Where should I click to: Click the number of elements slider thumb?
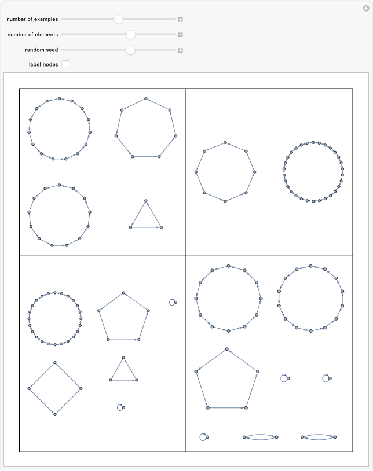pyautogui.click(x=131, y=35)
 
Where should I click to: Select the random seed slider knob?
pyautogui.click(x=131, y=50)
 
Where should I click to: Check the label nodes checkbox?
pyautogui.click(x=66, y=64)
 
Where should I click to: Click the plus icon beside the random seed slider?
pyautogui.click(x=181, y=50)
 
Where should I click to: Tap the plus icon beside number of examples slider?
pyautogui.click(x=181, y=20)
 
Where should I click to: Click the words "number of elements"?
pyautogui.click(x=32, y=35)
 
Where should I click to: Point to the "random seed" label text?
pyautogui.click(x=41, y=50)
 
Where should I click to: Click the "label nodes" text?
pyautogui.click(x=43, y=64)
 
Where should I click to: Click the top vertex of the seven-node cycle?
pyautogui.click(x=146, y=98)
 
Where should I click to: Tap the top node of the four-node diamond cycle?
pyautogui.click(x=55, y=363)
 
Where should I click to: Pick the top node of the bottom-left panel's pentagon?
pyautogui.click(x=124, y=293)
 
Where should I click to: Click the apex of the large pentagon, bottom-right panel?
pyautogui.click(x=226, y=349)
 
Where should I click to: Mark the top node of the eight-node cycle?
pyautogui.click(x=225, y=142)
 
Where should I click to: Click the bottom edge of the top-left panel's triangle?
pyautogui.click(x=145, y=227)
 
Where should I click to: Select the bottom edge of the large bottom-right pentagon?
pyautogui.click(x=226, y=408)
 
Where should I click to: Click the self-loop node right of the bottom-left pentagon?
pyautogui.click(x=175, y=302)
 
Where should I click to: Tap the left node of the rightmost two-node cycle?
pyautogui.click(x=302, y=437)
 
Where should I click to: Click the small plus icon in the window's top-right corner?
pyautogui.click(x=366, y=8)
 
